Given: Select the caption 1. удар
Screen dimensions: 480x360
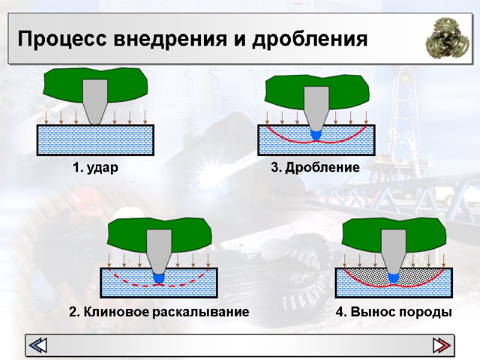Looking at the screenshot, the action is coord(95,168).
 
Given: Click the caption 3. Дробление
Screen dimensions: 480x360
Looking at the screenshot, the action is coord(315,168).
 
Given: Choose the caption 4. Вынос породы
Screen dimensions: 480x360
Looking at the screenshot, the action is coord(394,313).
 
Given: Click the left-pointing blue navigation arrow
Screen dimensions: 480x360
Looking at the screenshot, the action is coord(38,345).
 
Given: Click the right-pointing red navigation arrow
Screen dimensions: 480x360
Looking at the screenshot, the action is coord(442,345).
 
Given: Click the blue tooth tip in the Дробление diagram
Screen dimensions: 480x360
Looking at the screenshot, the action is coord(316,134).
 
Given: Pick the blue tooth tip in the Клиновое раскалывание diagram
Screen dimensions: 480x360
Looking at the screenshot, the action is coord(159,278).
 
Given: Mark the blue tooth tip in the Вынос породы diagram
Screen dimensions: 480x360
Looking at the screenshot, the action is coord(394,277).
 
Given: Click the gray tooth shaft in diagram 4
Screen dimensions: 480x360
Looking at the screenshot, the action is coord(394,249).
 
